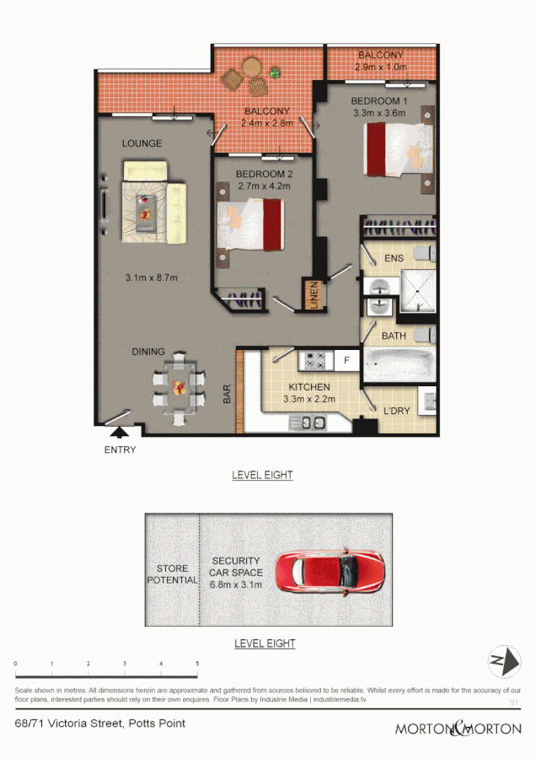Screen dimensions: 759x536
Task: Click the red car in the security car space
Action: [331, 573]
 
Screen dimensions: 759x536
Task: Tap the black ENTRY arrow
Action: [120, 433]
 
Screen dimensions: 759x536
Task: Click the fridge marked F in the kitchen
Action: [346, 361]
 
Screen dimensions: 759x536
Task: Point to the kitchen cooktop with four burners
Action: [316, 361]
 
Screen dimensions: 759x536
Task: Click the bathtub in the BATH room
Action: [399, 364]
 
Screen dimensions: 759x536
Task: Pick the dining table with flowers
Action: [179, 389]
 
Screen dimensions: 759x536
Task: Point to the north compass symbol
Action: [503, 660]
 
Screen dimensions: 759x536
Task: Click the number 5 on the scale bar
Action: [197, 665]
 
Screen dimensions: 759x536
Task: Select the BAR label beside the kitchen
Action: [227, 395]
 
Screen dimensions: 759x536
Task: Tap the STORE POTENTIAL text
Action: [172, 574]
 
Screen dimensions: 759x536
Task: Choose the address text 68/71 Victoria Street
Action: [100, 723]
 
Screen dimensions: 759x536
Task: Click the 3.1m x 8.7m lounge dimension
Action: [152, 277]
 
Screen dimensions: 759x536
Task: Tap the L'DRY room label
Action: [395, 410]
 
